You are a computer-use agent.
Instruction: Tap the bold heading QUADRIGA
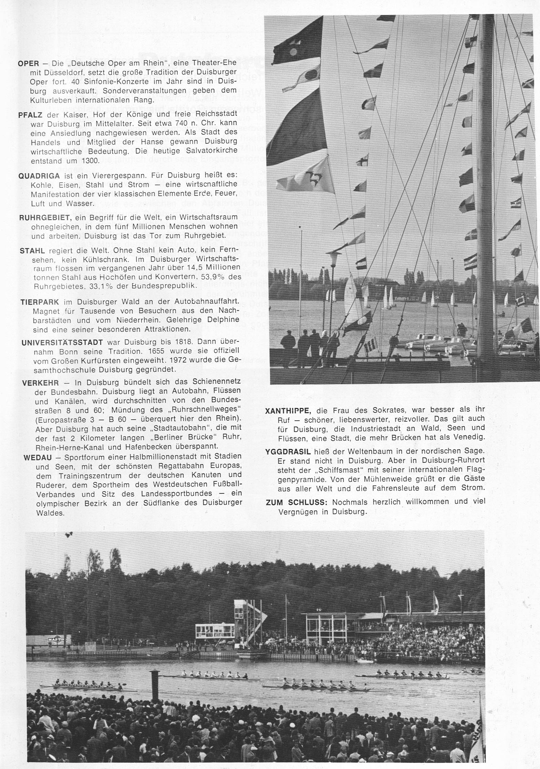(39, 176)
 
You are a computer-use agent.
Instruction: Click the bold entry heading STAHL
(32, 251)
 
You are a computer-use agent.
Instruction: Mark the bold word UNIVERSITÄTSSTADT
(62, 343)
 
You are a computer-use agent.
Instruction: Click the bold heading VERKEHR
(40, 383)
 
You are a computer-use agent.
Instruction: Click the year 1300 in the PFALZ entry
(92, 161)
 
